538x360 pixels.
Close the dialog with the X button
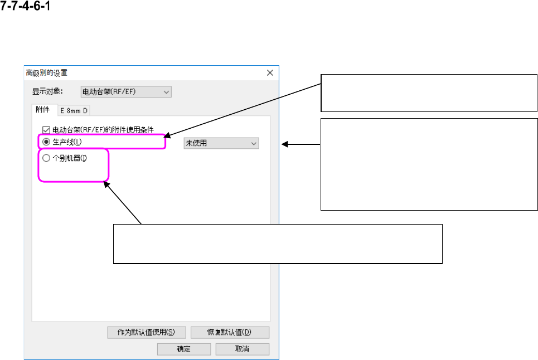point(270,72)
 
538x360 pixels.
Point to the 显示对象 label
point(45,91)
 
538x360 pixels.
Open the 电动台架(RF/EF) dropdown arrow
point(167,91)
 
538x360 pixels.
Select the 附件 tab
point(42,110)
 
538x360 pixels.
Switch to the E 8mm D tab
point(74,110)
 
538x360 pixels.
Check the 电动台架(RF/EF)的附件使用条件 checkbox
point(46,129)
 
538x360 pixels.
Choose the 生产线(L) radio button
point(46,142)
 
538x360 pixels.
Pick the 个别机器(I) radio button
point(46,158)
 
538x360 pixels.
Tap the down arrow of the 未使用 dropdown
point(254,143)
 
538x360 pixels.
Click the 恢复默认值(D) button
point(230,332)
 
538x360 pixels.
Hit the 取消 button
point(242,349)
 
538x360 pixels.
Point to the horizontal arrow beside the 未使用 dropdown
point(301,144)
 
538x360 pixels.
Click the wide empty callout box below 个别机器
point(278,244)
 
